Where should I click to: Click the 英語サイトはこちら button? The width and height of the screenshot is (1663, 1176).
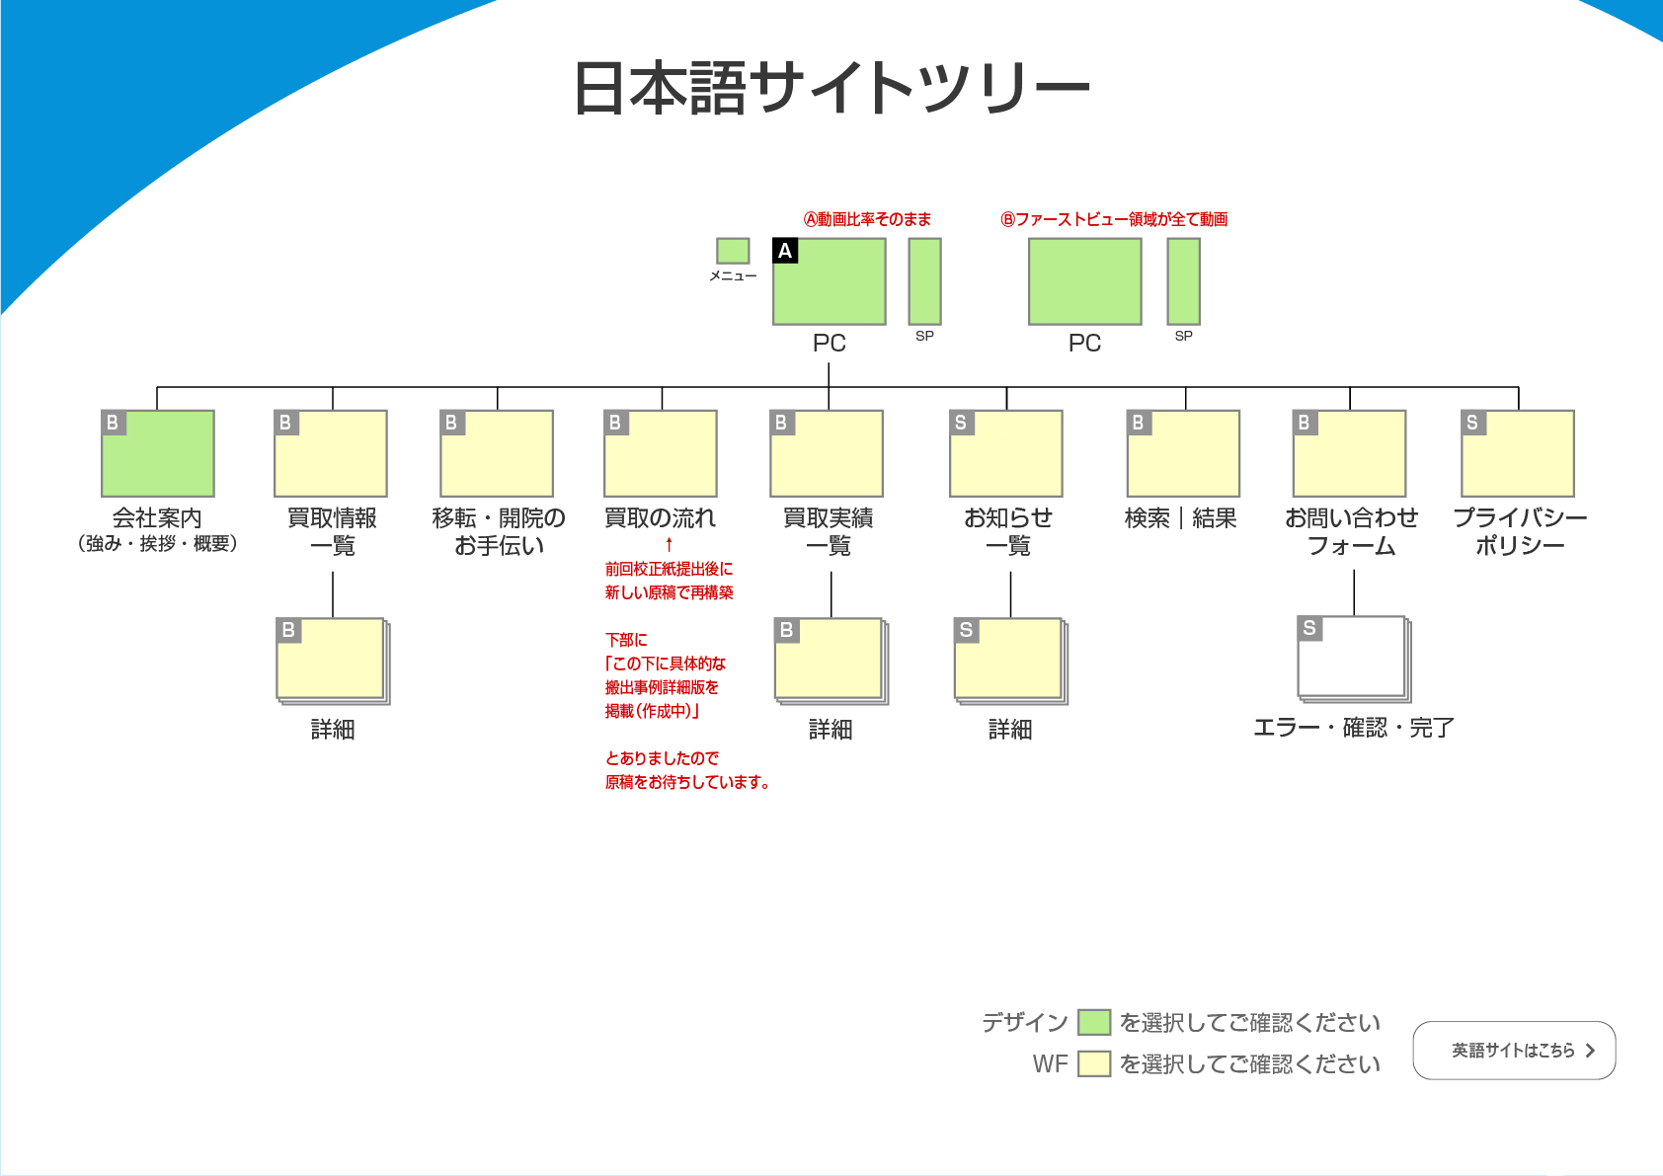click(1514, 1051)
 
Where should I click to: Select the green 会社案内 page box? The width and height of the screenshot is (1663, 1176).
click(158, 454)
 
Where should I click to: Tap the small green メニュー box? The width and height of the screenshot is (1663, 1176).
click(733, 251)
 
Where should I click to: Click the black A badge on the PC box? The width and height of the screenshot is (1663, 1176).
click(785, 251)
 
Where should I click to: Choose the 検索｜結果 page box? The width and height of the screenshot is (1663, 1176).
click(1183, 454)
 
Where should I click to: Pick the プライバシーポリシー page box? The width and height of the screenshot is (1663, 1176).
click(1518, 454)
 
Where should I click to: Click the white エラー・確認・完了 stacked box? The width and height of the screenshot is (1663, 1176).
click(1353, 658)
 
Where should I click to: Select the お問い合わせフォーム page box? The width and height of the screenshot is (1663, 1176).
click(1350, 454)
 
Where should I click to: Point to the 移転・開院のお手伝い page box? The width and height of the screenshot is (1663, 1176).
click(497, 454)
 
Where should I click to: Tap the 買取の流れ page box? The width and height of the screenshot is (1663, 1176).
click(661, 454)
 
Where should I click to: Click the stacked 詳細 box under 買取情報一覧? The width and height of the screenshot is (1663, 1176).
click(332, 660)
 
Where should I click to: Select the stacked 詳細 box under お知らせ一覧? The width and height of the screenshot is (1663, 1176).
click(1009, 660)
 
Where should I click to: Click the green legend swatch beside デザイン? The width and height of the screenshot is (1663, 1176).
click(1094, 1022)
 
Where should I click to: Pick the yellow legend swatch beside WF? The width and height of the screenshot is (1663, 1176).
click(1094, 1063)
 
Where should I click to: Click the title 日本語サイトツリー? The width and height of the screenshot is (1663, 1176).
click(831, 88)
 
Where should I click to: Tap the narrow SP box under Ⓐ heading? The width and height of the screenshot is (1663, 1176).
click(924, 281)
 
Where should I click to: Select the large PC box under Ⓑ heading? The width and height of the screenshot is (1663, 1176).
click(1085, 281)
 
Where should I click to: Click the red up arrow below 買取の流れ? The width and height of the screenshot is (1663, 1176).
click(669, 544)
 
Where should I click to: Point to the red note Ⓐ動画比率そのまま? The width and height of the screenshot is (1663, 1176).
click(867, 219)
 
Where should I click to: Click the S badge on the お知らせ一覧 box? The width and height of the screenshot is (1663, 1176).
click(961, 423)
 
